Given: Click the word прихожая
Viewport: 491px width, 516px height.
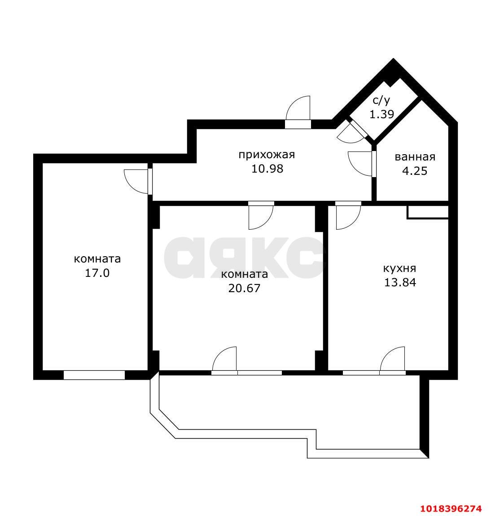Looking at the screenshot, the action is pos(267,155).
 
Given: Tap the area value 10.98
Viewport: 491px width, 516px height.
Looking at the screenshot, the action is pos(267,169).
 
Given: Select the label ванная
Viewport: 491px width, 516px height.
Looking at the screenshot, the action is pos(415,157).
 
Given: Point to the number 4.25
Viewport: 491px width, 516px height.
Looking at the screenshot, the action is pos(415,171).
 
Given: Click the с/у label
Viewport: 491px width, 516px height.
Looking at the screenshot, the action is pos(381,100).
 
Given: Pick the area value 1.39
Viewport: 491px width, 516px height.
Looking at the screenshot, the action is pos(381,114).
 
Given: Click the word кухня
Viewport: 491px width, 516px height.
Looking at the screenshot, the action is pos(399,268).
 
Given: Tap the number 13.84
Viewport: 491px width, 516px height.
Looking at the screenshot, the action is pos(400,282).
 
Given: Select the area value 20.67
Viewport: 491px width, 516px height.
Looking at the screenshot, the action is pos(244,288).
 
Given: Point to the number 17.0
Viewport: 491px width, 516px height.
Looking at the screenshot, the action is pos(97,273).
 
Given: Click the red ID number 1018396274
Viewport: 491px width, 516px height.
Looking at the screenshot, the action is pos(451,508).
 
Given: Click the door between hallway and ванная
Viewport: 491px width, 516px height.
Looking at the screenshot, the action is pos(361,164).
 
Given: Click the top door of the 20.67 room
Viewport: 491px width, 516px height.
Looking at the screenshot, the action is pos(261,216).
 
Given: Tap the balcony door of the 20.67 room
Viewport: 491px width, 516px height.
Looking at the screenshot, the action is pos(224,360).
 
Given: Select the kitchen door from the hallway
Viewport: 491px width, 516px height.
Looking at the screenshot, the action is pos(348,216).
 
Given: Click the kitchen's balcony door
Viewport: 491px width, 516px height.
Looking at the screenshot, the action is pos(393,360).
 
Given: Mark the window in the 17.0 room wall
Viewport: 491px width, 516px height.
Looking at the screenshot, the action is pos(94,375).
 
